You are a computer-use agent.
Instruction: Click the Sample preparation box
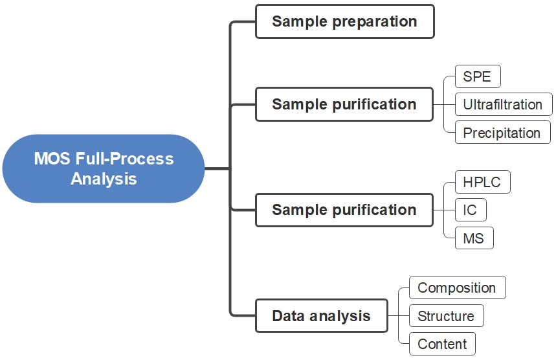point(344,21)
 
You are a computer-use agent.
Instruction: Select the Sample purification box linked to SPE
point(344,104)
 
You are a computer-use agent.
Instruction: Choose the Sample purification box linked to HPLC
point(344,210)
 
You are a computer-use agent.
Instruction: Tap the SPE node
point(478,77)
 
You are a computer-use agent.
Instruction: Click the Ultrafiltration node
point(503,104)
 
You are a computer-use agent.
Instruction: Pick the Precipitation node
point(502,133)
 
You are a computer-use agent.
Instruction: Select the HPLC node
point(482,182)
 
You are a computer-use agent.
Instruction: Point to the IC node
point(471,210)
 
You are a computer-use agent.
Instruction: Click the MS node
point(474,238)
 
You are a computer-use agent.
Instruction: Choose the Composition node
point(457,287)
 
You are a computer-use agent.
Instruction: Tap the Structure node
point(446,316)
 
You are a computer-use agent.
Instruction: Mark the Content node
point(442,344)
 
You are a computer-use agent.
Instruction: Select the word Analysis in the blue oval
point(104,179)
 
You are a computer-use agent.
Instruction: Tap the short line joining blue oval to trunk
point(217,168)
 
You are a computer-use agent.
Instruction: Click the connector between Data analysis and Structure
point(398,316)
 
